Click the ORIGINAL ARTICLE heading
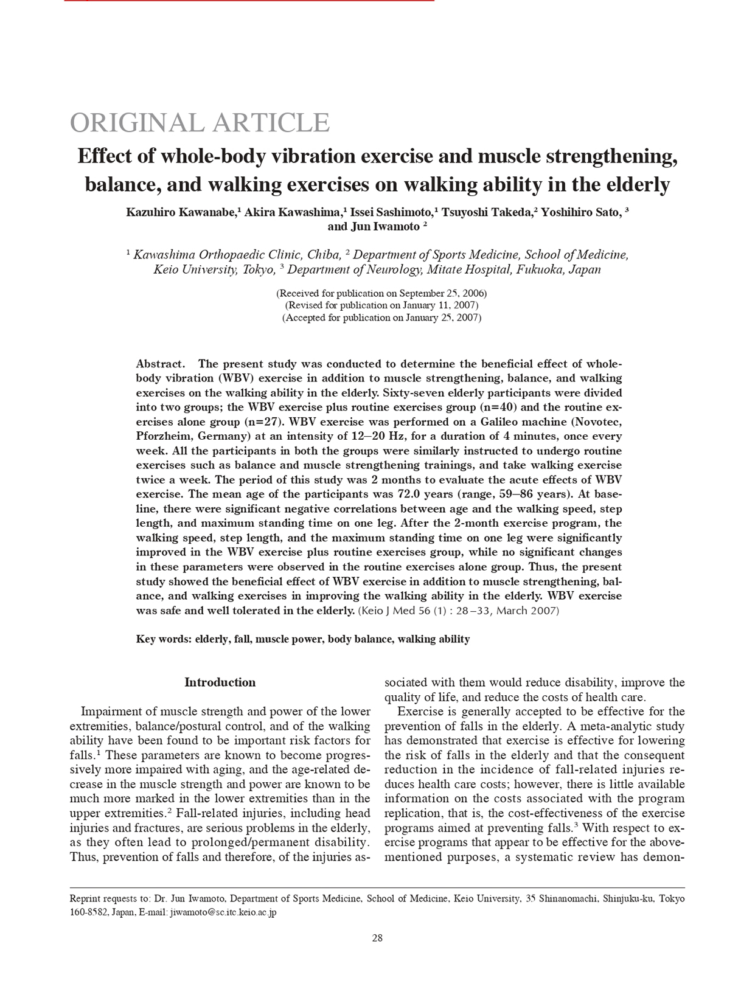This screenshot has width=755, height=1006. pos(200,123)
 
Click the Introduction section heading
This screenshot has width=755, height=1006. pos(220,682)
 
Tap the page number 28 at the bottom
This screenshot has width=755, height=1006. pos(377,938)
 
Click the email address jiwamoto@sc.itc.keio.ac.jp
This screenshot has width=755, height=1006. pos(223,913)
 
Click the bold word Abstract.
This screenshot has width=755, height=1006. pos(160,364)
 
